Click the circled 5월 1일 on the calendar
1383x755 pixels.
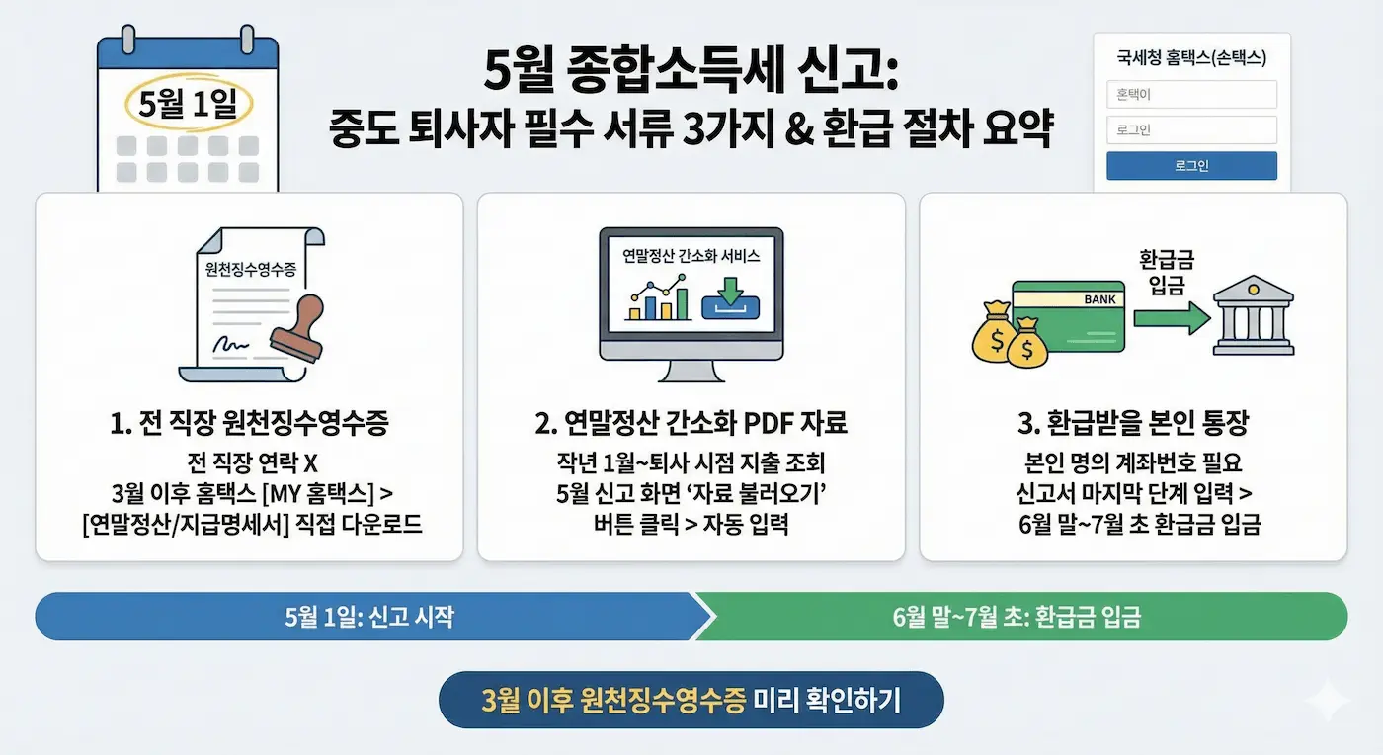click(x=188, y=104)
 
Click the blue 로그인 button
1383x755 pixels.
click(x=1191, y=165)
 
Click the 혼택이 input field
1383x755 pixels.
click(x=1191, y=94)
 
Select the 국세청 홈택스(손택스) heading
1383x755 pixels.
click(x=1191, y=58)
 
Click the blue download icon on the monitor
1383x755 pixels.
click(x=730, y=298)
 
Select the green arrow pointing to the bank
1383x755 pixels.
click(x=1171, y=318)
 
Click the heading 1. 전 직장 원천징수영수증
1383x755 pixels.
click(x=249, y=424)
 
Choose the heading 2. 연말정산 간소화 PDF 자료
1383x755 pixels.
click(x=691, y=424)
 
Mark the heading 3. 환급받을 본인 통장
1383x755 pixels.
click(x=1133, y=424)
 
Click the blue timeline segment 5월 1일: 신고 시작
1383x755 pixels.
click(x=369, y=617)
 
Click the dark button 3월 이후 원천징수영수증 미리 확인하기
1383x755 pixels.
click(x=691, y=700)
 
